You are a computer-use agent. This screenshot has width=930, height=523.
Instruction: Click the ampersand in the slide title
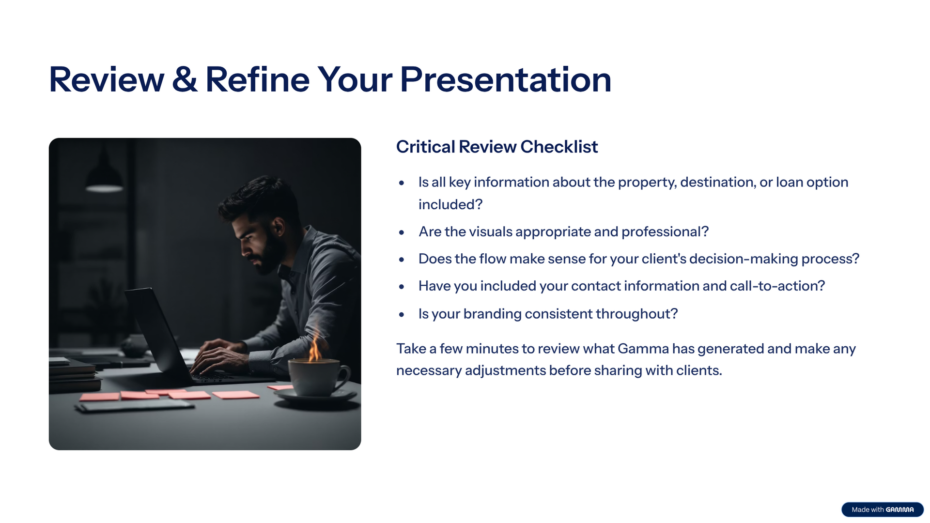[185, 79]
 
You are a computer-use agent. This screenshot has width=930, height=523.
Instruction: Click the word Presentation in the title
[506, 79]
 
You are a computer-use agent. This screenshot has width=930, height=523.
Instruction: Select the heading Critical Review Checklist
[497, 147]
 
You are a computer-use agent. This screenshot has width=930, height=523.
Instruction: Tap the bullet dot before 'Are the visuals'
[402, 232]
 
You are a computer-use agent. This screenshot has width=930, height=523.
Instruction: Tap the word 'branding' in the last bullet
[492, 314]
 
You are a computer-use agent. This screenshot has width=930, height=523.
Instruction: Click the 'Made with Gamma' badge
[883, 509]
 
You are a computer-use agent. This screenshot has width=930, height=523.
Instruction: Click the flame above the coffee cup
[315, 345]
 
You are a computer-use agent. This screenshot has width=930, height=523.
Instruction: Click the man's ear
[278, 227]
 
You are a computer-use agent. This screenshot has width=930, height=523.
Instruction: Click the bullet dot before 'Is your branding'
[402, 314]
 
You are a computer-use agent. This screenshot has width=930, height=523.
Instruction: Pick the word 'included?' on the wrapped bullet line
[450, 204]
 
